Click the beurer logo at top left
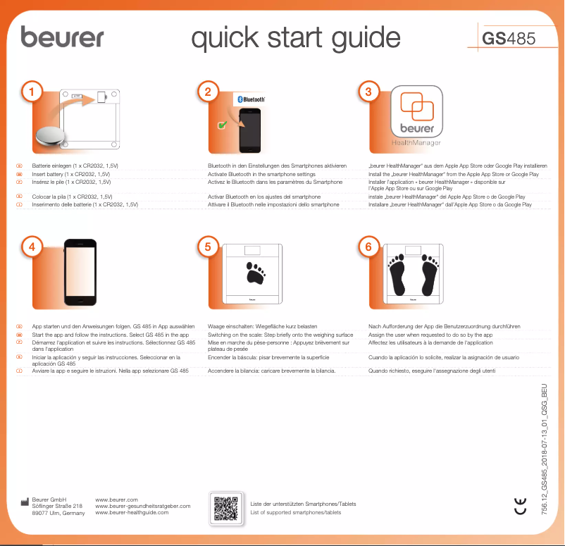coord(62,37)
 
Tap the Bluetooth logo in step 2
coord(249,99)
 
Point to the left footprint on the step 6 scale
coord(398,276)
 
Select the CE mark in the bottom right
coord(519,505)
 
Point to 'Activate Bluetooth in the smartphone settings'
coord(261,174)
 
